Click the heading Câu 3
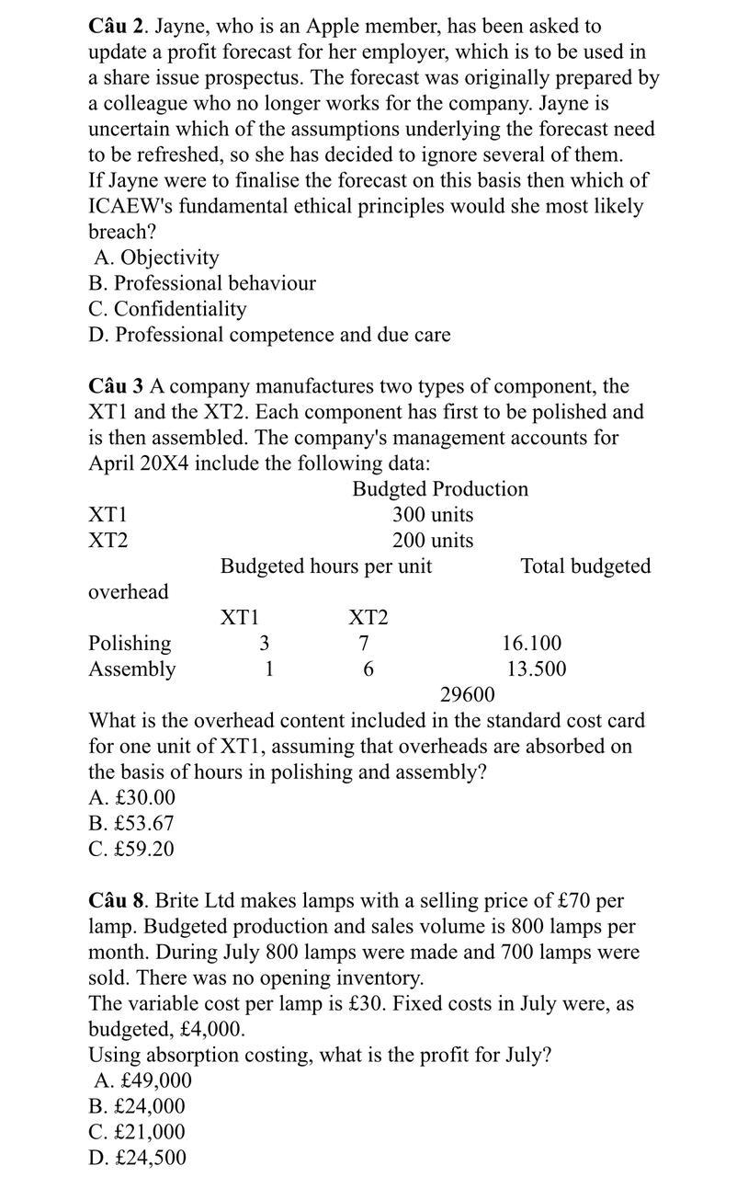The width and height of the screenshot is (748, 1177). (116, 386)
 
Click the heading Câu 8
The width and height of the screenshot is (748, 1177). (116, 900)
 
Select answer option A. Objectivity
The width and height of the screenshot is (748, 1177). (156, 257)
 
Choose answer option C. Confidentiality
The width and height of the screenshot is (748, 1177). (167, 309)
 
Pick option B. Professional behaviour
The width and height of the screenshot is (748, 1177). (201, 283)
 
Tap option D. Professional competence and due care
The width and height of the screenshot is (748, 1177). (269, 335)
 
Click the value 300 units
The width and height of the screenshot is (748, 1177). (433, 515)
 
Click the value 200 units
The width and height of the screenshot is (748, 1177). (433, 541)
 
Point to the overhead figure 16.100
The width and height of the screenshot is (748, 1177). (531, 644)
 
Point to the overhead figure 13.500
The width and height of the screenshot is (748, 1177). (536, 669)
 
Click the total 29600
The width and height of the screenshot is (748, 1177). (467, 694)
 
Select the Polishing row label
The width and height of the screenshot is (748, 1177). (129, 644)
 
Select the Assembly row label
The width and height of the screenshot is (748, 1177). (131, 669)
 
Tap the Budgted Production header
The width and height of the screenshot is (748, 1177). (440, 489)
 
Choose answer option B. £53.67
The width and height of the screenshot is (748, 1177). (131, 824)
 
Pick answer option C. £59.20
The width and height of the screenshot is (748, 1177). (131, 850)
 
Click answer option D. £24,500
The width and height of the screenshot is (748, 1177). (137, 1158)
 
